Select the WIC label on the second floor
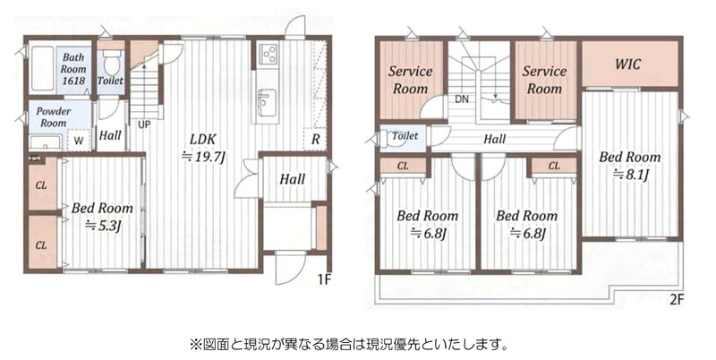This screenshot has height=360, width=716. pos(628,64)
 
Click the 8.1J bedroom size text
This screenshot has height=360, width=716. pos(631,175)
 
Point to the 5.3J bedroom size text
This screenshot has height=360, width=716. pos(102,225)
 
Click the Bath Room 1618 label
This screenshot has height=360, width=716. pos(73,69)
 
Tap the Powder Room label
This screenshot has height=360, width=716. pos(54,117)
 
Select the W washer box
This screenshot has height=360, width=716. pos(79,141)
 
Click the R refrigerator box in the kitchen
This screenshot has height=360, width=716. pos(315,140)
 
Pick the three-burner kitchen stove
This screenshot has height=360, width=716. pos(268,53)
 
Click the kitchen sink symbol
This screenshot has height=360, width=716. pos(264,103)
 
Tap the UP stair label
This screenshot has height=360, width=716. pos(143,124)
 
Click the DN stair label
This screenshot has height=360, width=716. pos(462,99)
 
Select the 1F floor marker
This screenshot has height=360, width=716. pos(324,280)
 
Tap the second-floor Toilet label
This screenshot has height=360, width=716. pos(405,136)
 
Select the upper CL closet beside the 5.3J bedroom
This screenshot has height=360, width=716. pos(42,184)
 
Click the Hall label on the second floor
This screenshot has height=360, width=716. pos(495,139)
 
